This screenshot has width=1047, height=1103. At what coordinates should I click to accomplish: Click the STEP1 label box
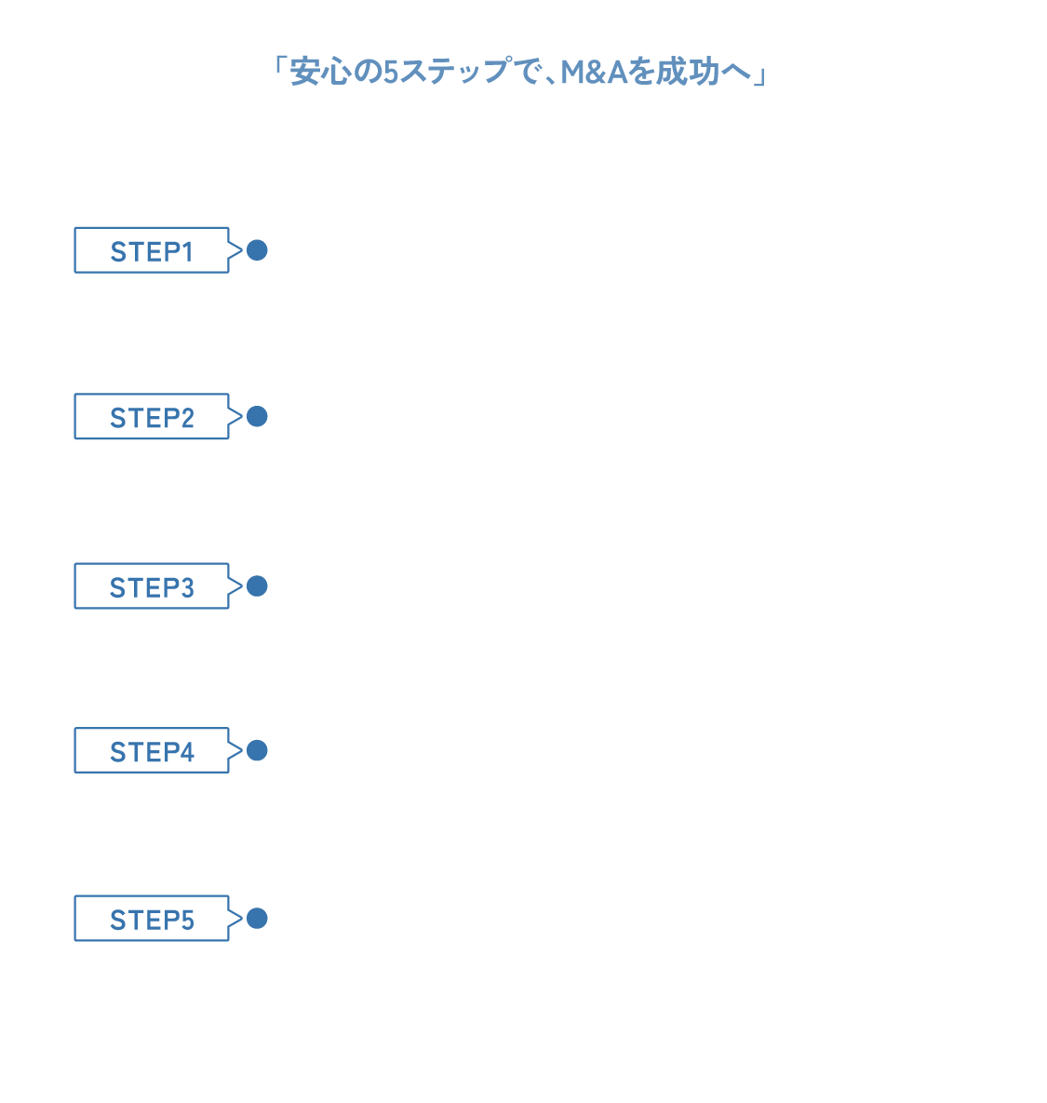[x=152, y=250]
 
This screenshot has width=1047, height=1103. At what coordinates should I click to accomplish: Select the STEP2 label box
[x=152, y=417]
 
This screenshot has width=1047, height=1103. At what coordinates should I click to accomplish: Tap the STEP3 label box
[x=152, y=586]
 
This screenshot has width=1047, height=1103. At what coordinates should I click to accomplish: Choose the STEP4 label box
[x=152, y=750]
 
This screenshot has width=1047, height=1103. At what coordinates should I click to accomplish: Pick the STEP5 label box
[x=152, y=919]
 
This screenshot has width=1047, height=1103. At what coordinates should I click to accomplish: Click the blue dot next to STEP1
[x=257, y=250]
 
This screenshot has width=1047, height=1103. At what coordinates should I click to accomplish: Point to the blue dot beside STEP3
[x=257, y=586]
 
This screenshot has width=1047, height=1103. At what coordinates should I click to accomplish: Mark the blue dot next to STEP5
[x=257, y=919]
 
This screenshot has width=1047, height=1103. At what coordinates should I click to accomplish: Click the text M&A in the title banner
[x=595, y=72]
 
